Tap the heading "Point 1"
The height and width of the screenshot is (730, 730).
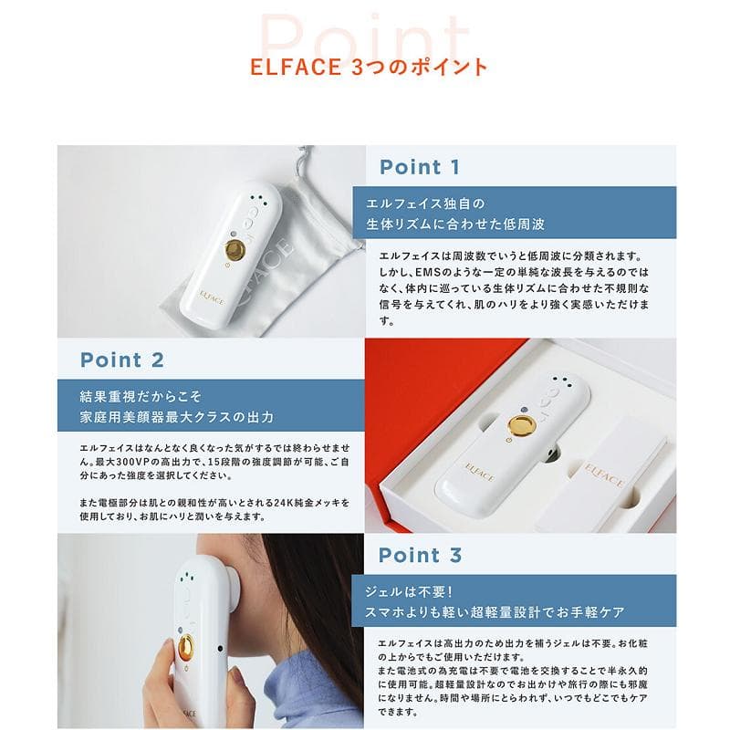click(x=420, y=167)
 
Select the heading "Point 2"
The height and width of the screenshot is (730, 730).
click(x=122, y=360)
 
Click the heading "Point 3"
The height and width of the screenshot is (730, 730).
click(x=420, y=556)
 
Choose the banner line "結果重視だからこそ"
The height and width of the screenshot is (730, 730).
click(x=138, y=397)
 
